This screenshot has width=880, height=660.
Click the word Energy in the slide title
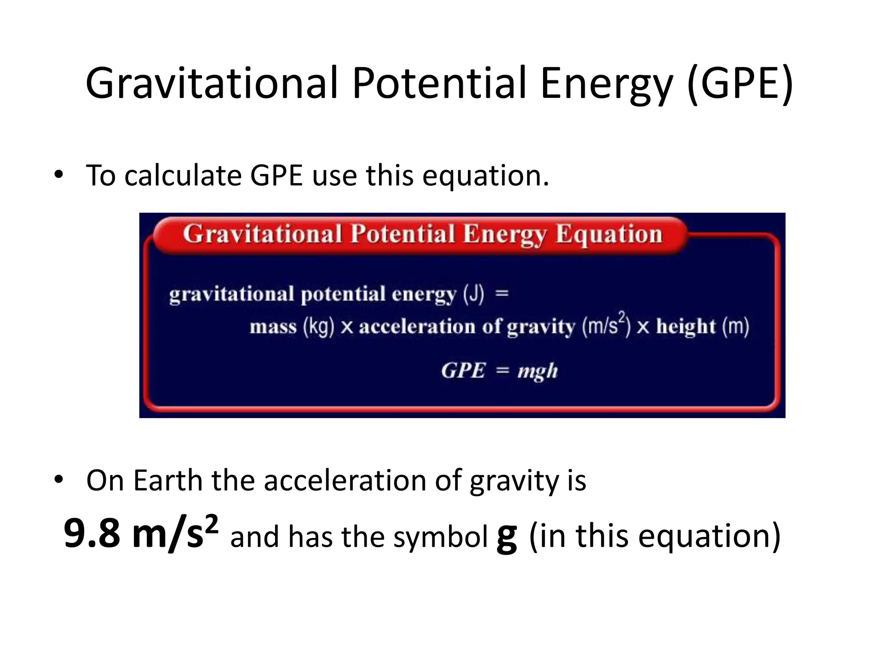(x=606, y=85)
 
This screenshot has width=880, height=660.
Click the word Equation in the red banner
(x=609, y=235)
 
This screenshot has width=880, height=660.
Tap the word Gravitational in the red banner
(x=262, y=234)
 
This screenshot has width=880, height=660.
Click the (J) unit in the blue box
(x=474, y=294)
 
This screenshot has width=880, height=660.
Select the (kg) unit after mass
(x=318, y=327)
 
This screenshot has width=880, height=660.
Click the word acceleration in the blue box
(x=417, y=327)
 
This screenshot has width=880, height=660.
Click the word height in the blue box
(x=686, y=327)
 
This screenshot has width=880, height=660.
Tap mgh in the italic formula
(x=538, y=371)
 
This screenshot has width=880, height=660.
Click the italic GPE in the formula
(x=463, y=370)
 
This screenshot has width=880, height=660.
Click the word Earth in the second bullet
(x=168, y=480)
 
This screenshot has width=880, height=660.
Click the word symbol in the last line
(x=440, y=538)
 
